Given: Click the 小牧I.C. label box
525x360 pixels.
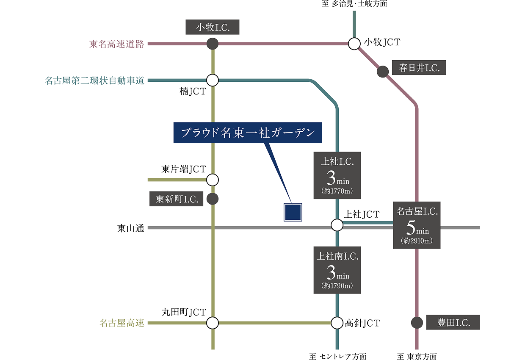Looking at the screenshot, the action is pyautogui.click(x=213, y=27).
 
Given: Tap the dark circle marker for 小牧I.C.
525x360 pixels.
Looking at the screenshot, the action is pyautogui.click(x=213, y=44).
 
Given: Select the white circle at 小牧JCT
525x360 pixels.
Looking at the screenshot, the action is pyautogui.click(x=354, y=44).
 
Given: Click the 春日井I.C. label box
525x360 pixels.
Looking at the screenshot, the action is pyautogui.click(x=419, y=67).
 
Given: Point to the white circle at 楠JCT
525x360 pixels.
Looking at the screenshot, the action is pyautogui.click(x=213, y=80).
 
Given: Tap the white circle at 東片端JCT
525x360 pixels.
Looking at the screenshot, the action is pyautogui.click(x=213, y=180).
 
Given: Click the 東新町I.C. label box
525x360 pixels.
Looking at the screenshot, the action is pyautogui.click(x=176, y=199).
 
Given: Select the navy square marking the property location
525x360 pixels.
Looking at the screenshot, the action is pyautogui.click(x=293, y=212).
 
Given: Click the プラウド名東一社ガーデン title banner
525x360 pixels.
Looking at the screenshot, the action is pyautogui.click(x=248, y=133).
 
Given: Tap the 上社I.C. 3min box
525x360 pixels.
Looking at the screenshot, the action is pyautogui.click(x=337, y=175).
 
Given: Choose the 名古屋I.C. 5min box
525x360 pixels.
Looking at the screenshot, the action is pyautogui.click(x=417, y=225).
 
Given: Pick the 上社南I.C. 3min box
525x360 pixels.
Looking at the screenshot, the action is pyautogui.click(x=337, y=270).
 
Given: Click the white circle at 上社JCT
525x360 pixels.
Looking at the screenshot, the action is pyautogui.click(x=337, y=225).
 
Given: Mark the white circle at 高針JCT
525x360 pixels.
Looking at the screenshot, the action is pyautogui.click(x=337, y=323).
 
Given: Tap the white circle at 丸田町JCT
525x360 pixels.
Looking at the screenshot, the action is pyautogui.click(x=213, y=323).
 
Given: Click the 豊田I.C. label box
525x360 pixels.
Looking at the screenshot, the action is pyautogui.click(x=453, y=322).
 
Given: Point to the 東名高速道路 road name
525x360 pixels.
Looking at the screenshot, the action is pyautogui.click(x=117, y=44).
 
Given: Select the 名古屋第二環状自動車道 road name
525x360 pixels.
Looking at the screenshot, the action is pyautogui.click(x=94, y=80).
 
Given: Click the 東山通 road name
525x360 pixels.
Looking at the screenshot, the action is pyautogui.click(x=130, y=228).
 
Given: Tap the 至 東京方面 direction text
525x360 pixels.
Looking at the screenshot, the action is pyautogui.click(x=417, y=357).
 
